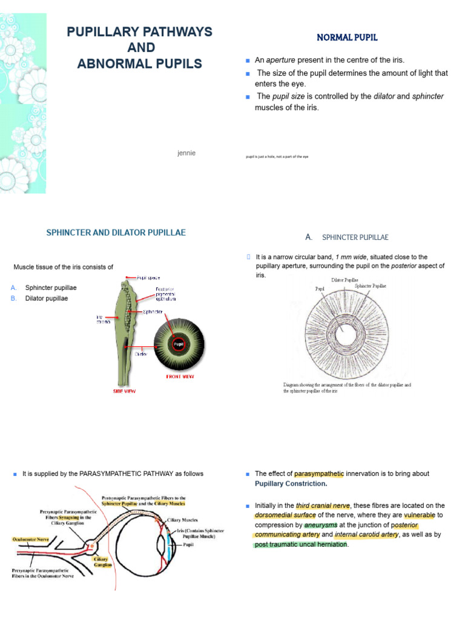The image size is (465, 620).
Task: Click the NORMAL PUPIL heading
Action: point(347,38)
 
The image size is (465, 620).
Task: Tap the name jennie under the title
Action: point(186,153)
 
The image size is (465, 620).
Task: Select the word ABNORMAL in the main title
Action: point(113,64)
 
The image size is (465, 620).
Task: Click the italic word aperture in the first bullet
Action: point(281,60)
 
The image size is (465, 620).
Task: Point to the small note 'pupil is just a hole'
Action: point(277,156)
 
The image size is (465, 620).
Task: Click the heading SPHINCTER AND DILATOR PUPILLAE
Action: point(116,232)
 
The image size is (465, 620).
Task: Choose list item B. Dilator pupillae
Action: point(46,298)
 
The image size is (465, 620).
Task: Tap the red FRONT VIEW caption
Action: point(181,376)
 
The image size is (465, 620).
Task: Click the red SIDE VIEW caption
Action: point(125,392)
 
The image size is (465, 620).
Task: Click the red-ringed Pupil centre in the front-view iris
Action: point(179,345)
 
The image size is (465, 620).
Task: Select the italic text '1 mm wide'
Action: point(351,257)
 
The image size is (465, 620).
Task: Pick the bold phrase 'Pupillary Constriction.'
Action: point(291,484)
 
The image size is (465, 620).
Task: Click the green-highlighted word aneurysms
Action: point(321,525)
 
